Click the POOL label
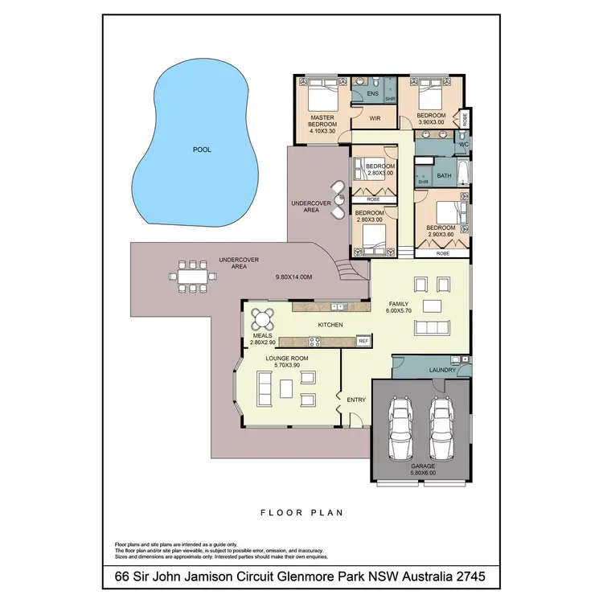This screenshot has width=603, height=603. point(202,149)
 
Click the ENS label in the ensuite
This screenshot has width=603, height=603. point(372,94)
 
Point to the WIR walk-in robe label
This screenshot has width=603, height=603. point(374,118)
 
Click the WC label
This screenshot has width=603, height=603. point(463,145)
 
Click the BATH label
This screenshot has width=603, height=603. point(444,175)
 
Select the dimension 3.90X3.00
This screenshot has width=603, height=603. point(431,123)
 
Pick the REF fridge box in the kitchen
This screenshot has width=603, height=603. point(363,342)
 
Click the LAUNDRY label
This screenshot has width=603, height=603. point(442,370)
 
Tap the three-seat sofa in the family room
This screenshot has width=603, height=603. point(432,326)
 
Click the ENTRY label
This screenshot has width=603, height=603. point(355,400)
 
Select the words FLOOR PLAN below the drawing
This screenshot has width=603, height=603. point(301,512)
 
